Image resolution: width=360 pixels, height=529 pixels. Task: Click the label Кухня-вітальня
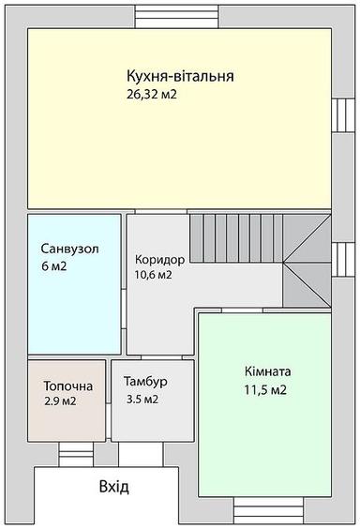(x=180, y=77)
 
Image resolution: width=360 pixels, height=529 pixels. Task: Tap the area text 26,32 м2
(x=152, y=95)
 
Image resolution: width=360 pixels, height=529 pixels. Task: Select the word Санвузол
(x=69, y=249)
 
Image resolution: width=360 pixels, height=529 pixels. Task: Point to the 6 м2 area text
(x=53, y=267)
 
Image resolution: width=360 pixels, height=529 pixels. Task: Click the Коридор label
(x=159, y=259)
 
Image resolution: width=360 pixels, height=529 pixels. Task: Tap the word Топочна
(x=67, y=385)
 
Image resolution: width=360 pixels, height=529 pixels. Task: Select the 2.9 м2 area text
(x=59, y=401)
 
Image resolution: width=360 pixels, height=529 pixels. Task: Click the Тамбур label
(x=145, y=383)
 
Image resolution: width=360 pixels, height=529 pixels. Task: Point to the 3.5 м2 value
(x=142, y=400)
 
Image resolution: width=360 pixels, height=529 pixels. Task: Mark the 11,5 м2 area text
(x=265, y=389)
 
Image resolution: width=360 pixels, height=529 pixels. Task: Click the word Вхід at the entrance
(x=113, y=488)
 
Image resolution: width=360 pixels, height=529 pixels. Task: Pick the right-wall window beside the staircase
(x=339, y=256)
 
